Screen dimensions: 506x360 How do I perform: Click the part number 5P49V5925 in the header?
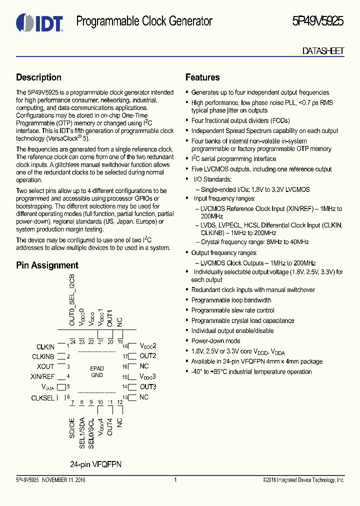click(x=317, y=21)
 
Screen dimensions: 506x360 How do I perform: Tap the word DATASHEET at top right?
click(x=323, y=50)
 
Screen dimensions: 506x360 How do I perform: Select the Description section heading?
click(x=39, y=77)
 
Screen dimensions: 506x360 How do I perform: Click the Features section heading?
click(x=202, y=77)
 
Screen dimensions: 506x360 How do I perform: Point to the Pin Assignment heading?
click(x=47, y=265)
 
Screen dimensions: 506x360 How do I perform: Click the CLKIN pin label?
click(x=45, y=346)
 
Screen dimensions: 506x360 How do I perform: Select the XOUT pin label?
click(x=45, y=366)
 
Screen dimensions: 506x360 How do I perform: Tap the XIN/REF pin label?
click(x=42, y=376)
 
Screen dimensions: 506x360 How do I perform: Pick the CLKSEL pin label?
click(x=43, y=398)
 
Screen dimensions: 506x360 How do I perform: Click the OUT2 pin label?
click(x=148, y=356)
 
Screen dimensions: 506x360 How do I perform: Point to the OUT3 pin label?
click(x=148, y=387)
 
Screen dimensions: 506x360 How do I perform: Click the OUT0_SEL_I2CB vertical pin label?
click(x=72, y=300)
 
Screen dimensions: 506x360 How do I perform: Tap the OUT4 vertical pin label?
click(x=110, y=423)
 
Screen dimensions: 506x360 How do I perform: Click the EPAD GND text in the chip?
click(x=96, y=371)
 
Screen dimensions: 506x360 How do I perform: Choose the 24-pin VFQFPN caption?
click(x=96, y=464)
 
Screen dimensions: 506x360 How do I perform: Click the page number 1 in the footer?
click(x=175, y=480)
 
